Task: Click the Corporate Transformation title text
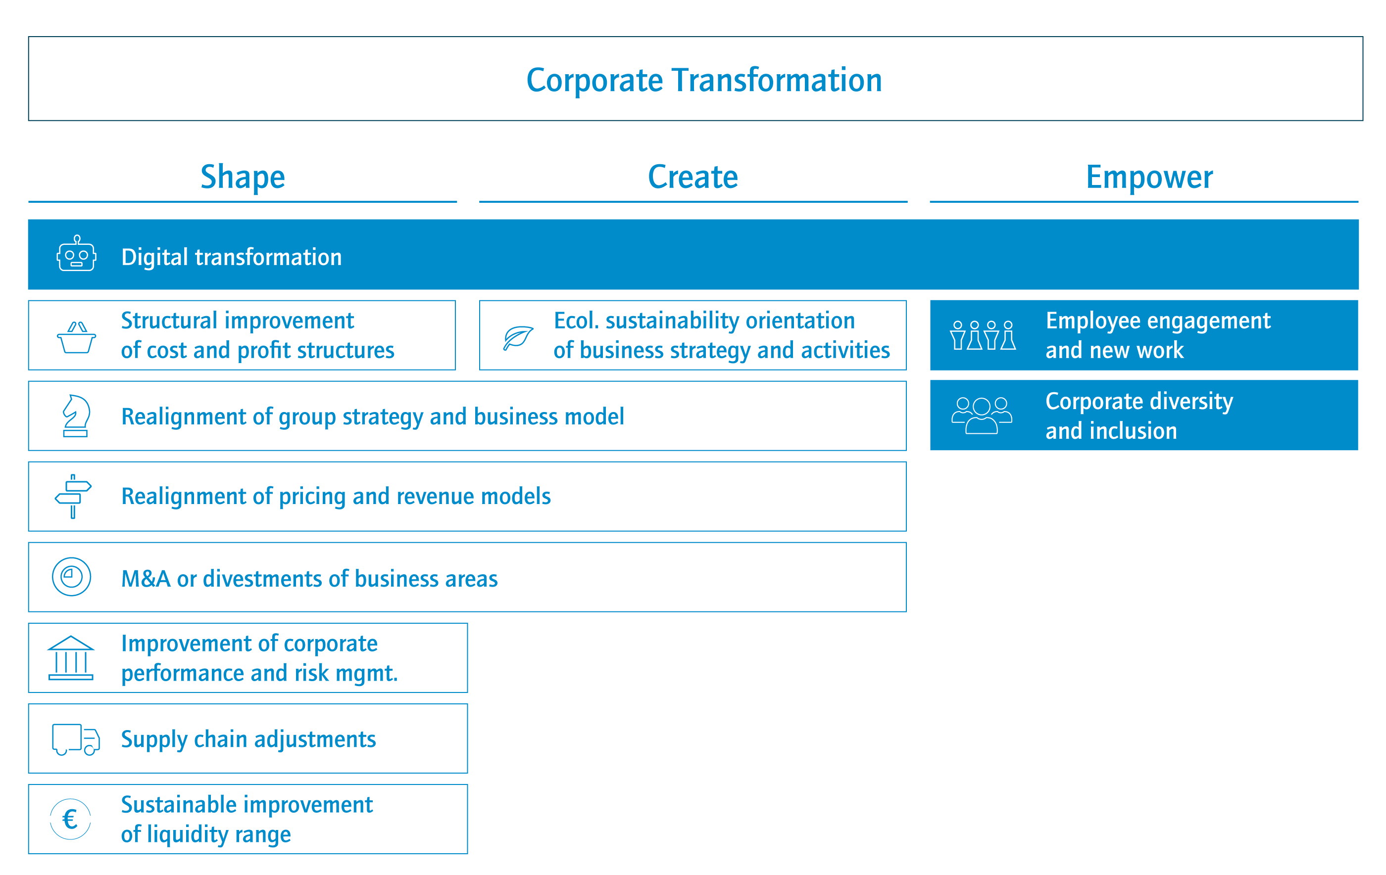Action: pyautogui.click(x=704, y=80)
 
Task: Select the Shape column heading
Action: pyautogui.click(x=243, y=177)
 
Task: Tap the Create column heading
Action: pyautogui.click(x=693, y=177)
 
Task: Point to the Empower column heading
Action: pyautogui.click(x=1149, y=177)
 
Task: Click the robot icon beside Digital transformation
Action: pyautogui.click(x=77, y=253)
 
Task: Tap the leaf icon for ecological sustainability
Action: pyautogui.click(x=518, y=338)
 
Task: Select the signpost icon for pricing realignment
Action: pyautogui.click(x=73, y=497)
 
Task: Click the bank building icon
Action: pyautogui.click(x=71, y=658)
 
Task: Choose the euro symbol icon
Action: pyautogui.click(x=70, y=819)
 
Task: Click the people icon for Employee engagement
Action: pyautogui.click(x=983, y=335)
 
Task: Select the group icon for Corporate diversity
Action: pyautogui.click(x=982, y=415)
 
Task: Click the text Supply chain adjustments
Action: pyautogui.click(x=248, y=740)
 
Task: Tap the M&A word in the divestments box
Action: pyautogui.click(x=146, y=579)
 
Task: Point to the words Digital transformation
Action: pyautogui.click(x=231, y=257)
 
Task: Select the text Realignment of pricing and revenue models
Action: pyautogui.click(x=336, y=497)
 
